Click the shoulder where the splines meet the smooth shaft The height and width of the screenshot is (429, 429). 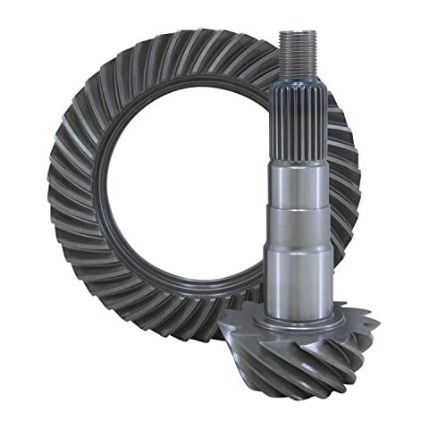tap(298, 159)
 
